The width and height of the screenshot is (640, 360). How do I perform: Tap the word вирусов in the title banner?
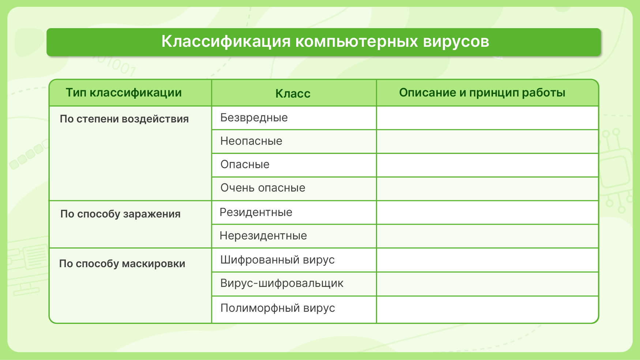click(x=456, y=42)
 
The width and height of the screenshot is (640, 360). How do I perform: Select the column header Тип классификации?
click(x=124, y=93)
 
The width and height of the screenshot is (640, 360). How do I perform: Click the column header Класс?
click(x=293, y=94)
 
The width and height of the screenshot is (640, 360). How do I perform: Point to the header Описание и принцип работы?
click(x=482, y=93)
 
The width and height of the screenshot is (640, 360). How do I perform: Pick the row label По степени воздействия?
click(x=124, y=119)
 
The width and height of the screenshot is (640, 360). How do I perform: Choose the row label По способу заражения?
click(x=120, y=214)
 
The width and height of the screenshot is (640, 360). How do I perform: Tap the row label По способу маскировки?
click(x=122, y=264)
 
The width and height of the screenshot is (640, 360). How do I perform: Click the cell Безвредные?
click(x=254, y=118)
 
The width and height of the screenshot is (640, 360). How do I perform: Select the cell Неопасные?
click(x=251, y=141)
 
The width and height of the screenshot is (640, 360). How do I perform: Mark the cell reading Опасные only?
click(x=245, y=164)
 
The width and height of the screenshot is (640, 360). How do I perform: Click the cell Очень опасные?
click(x=263, y=188)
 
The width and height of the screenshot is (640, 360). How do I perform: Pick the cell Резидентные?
click(x=256, y=212)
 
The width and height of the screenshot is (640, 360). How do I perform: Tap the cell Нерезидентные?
click(x=263, y=236)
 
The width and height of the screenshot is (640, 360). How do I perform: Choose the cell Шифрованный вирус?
click(x=278, y=260)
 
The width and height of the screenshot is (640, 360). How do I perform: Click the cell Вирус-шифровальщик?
click(x=282, y=283)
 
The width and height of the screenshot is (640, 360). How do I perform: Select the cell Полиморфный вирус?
click(x=278, y=308)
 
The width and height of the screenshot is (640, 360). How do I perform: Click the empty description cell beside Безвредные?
click(x=487, y=118)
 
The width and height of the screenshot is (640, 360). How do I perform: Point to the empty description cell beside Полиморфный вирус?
click(x=487, y=310)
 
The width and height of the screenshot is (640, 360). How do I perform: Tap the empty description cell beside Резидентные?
click(x=487, y=213)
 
